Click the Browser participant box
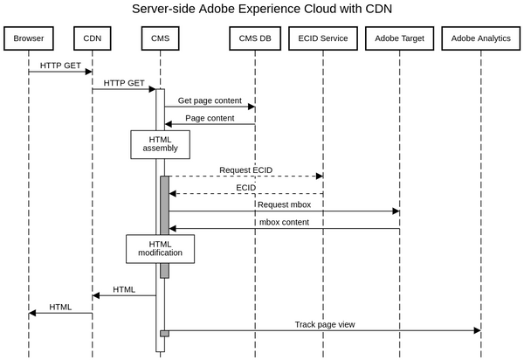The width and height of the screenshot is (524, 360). pyautogui.click(x=29, y=38)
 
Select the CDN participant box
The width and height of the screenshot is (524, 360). pyautogui.click(x=92, y=38)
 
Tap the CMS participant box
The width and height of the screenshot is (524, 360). pyautogui.click(x=160, y=38)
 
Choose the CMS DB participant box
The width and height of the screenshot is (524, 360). pyautogui.click(x=255, y=38)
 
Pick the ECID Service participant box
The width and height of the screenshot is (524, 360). pyautogui.click(x=322, y=38)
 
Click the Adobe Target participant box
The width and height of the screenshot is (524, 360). pyautogui.click(x=399, y=38)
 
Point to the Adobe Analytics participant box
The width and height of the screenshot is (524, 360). pyautogui.click(x=480, y=38)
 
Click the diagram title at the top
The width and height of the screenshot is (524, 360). pyautogui.click(x=262, y=10)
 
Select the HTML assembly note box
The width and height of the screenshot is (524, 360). pyautogui.click(x=160, y=144)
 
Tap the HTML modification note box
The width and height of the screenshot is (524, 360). pyautogui.click(x=160, y=248)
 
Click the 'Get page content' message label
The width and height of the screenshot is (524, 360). pyautogui.click(x=210, y=100)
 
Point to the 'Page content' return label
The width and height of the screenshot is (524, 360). pyautogui.click(x=210, y=118)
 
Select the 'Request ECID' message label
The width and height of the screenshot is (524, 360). pyautogui.click(x=245, y=170)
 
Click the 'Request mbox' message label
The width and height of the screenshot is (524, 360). pyautogui.click(x=284, y=204)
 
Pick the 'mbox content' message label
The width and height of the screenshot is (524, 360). pyautogui.click(x=284, y=222)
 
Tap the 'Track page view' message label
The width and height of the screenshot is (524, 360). pyautogui.click(x=324, y=324)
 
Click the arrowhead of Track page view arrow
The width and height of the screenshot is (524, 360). pyautogui.click(x=477, y=330)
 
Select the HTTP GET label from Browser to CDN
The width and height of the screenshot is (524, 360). pyautogui.click(x=61, y=66)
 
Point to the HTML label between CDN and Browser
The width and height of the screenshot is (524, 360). pyautogui.click(x=60, y=307)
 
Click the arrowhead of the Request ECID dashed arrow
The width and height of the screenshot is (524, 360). pyautogui.click(x=319, y=176)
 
